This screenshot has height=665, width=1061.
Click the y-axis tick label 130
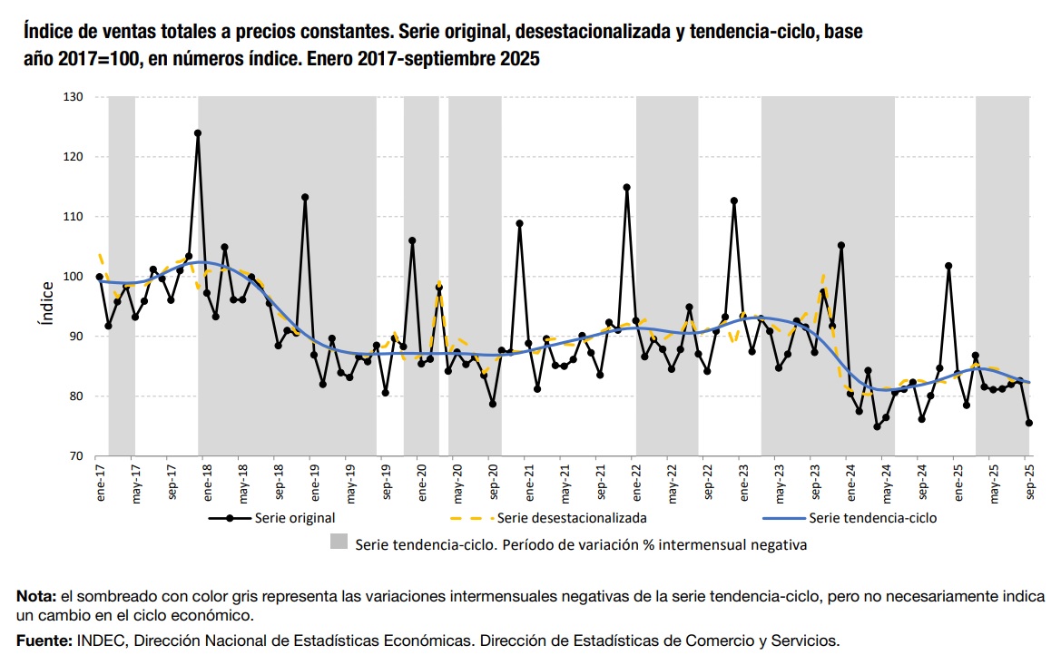74,97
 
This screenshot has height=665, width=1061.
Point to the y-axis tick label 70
76,456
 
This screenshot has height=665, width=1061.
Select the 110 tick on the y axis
74,217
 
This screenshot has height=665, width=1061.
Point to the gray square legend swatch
339,542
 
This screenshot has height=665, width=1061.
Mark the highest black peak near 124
198,133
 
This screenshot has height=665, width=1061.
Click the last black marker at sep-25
1029,423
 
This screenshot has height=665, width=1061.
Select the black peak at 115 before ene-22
627,188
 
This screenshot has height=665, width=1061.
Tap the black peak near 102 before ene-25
948,266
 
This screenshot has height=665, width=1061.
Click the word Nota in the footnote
35,597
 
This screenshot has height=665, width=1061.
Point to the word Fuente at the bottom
42,641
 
